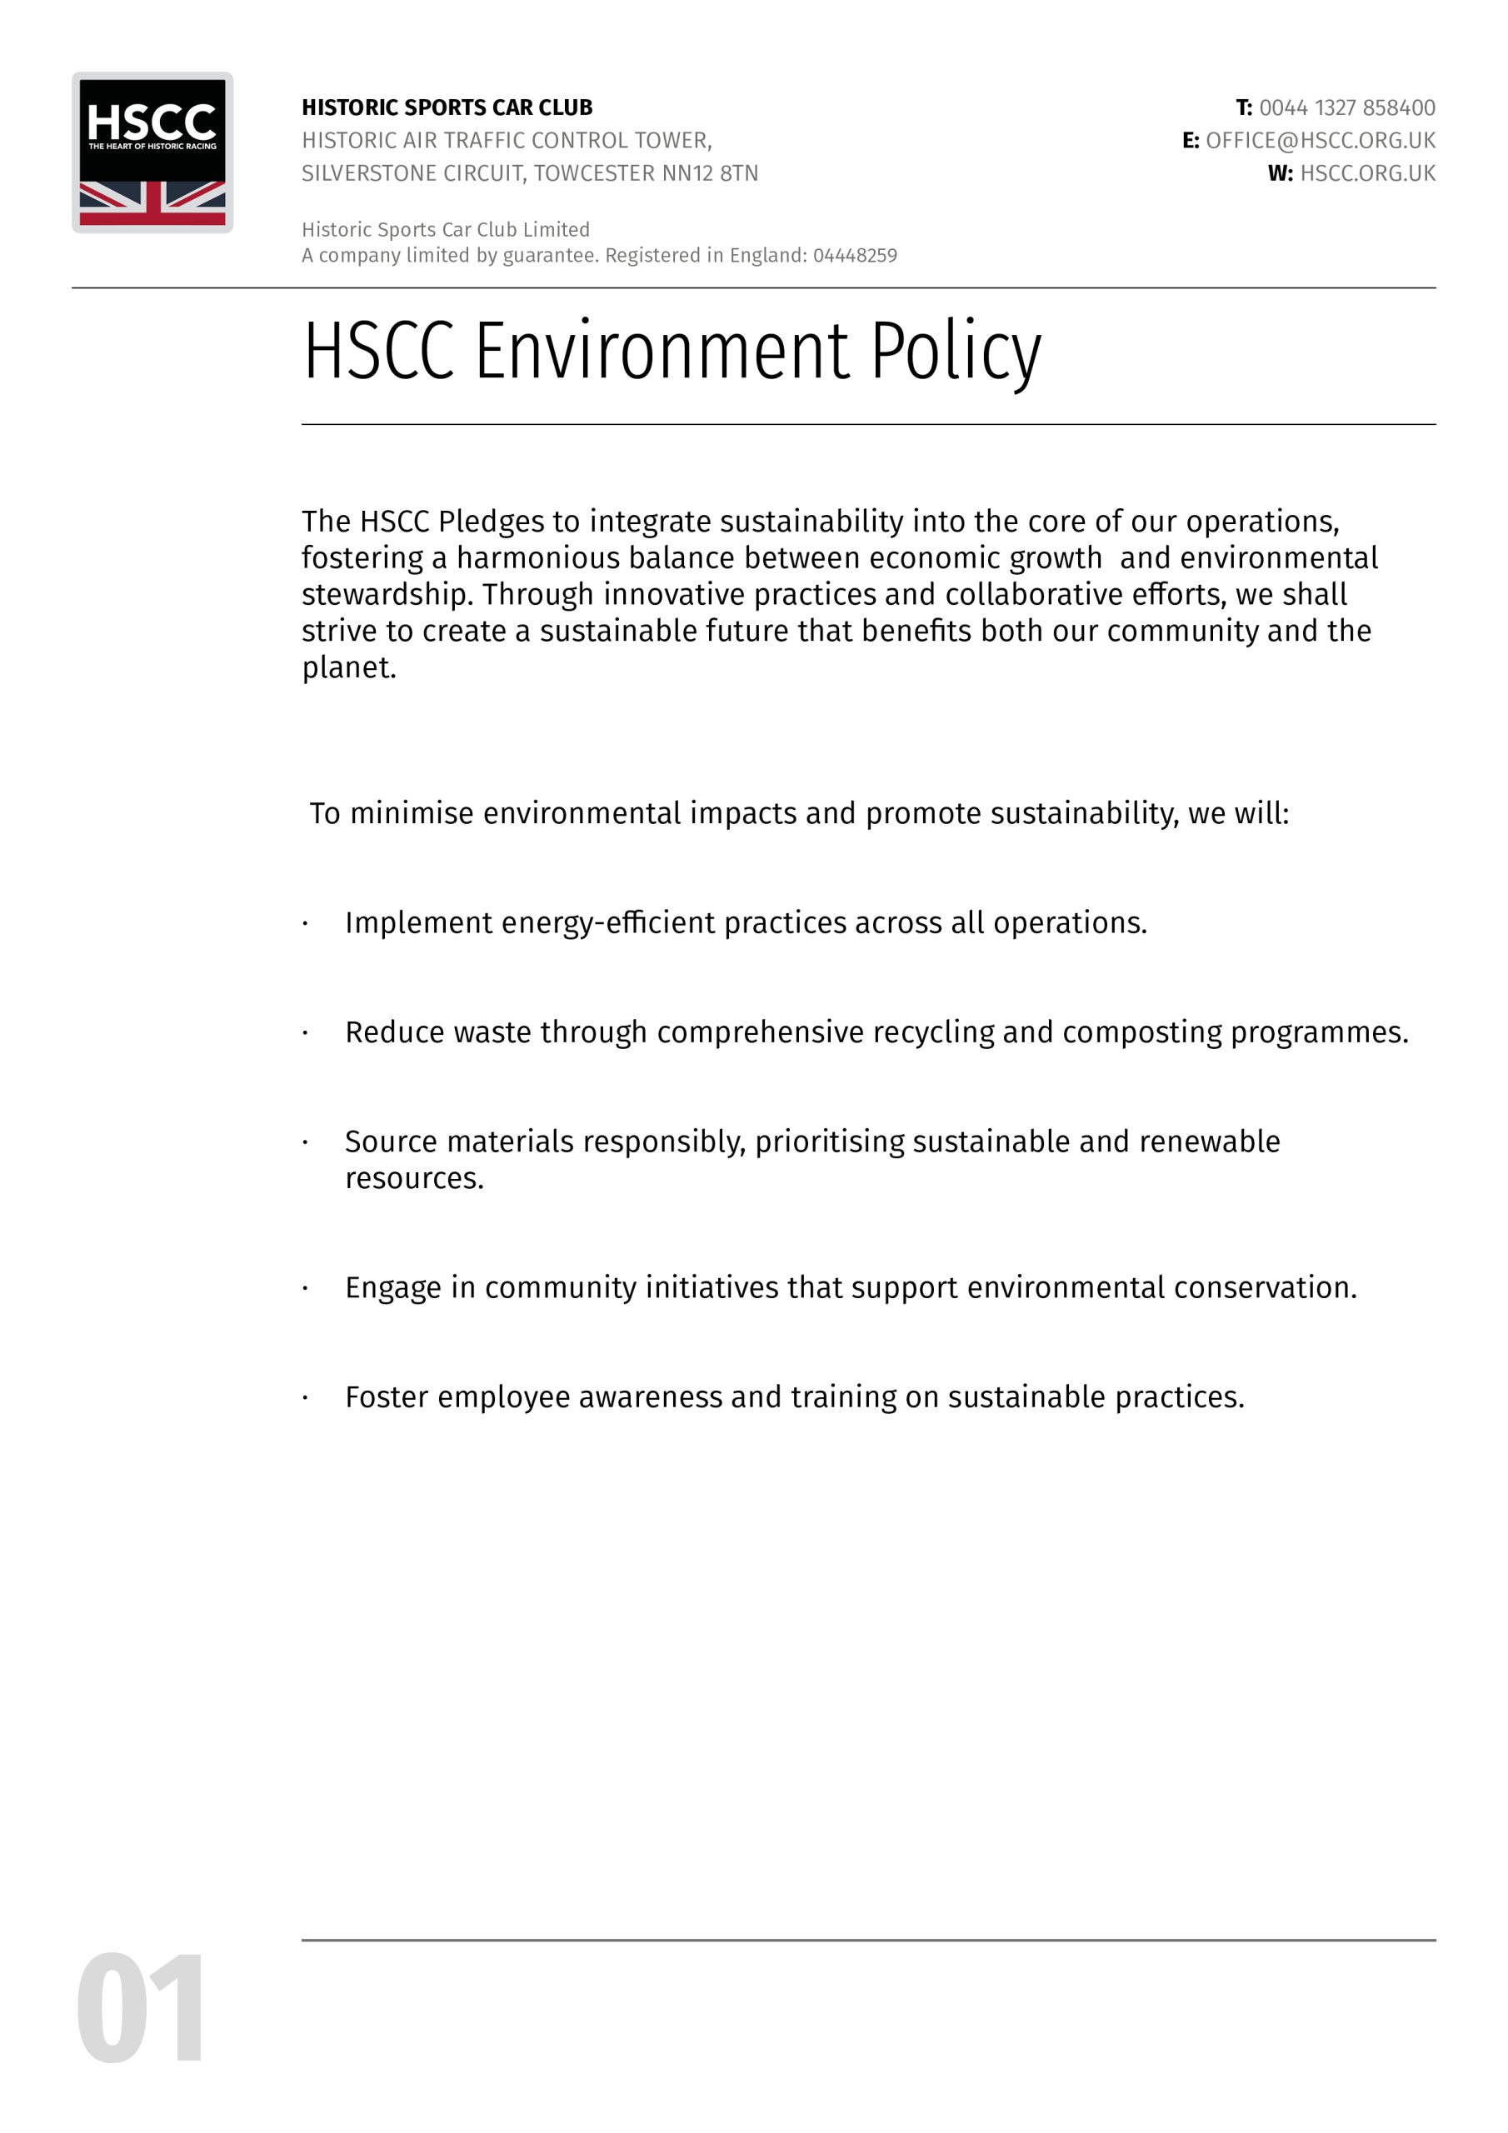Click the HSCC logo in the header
(x=152, y=152)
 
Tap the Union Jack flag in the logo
(x=152, y=202)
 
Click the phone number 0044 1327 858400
(x=1346, y=107)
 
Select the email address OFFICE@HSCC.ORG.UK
(x=1320, y=140)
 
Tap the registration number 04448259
(x=855, y=256)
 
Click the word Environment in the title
(x=662, y=351)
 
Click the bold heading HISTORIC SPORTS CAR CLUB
(x=447, y=107)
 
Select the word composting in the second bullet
(x=1142, y=1032)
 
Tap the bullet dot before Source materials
(x=305, y=1142)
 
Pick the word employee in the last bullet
(x=502, y=1397)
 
